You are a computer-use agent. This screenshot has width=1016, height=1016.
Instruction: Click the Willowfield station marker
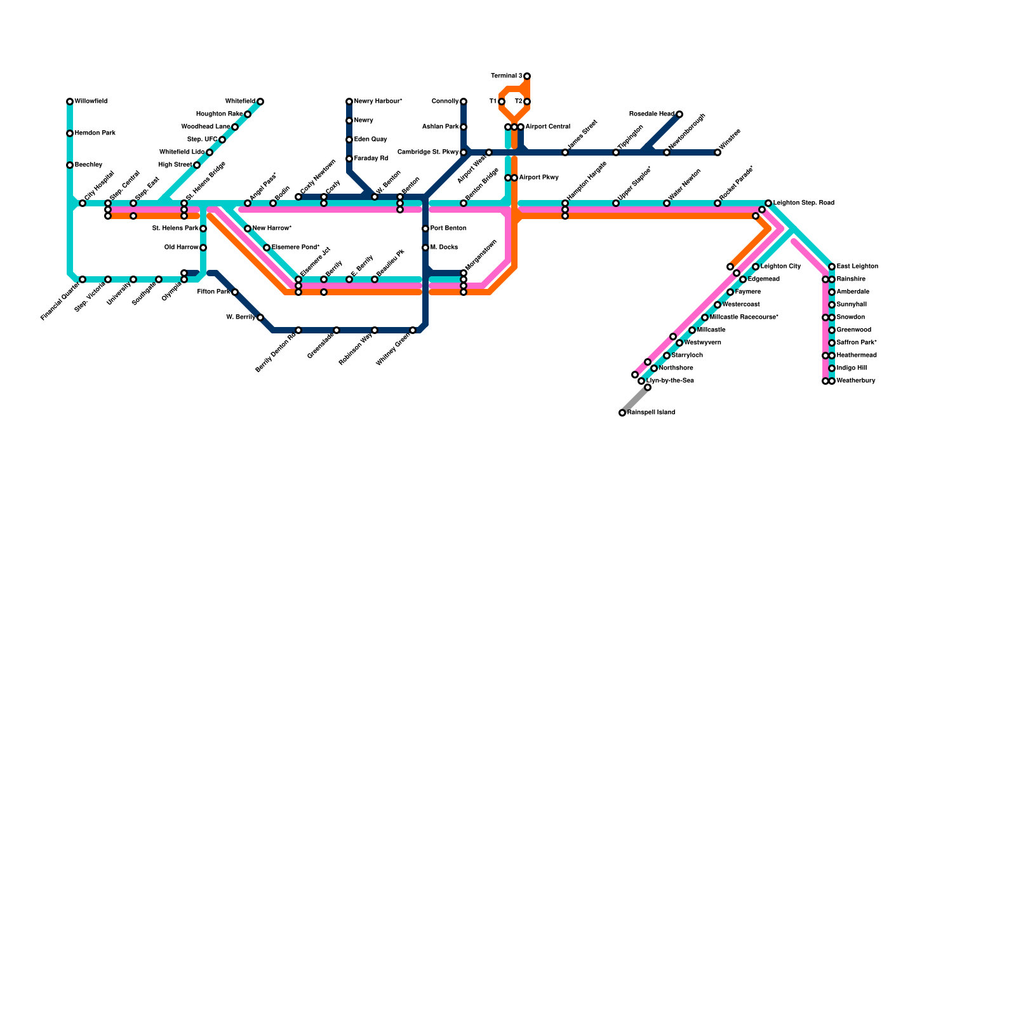coord(70,102)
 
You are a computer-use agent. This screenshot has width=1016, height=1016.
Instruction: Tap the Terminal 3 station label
coord(507,76)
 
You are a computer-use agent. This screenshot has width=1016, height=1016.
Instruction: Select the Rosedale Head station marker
coord(679,114)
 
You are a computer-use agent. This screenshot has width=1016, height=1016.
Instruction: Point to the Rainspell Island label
coord(651,413)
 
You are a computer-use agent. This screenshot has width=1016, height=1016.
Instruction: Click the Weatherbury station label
coord(856,381)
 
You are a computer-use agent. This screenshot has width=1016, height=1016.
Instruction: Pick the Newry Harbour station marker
coord(349,102)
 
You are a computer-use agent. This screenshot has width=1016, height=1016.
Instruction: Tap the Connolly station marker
coord(464,102)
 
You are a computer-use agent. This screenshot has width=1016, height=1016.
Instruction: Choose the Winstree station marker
coord(718,152)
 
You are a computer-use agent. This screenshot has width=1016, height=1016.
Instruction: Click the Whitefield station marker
coord(260,102)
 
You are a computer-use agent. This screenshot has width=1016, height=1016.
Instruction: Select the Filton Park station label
coord(213,292)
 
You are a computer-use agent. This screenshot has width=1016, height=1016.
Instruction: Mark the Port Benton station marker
coord(425,229)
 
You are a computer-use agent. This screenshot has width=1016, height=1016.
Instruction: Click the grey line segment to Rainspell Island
coord(635,400)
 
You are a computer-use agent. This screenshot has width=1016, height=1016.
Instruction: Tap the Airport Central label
coord(547,127)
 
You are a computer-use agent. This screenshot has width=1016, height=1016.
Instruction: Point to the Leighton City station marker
coord(756,267)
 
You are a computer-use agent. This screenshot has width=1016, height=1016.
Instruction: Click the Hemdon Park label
coord(95,133)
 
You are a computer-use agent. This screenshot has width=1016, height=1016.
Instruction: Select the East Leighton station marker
coord(832,267)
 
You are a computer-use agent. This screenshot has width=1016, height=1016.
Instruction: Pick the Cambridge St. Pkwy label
coord(428,152)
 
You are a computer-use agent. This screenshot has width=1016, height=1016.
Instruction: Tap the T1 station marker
coord(502,102)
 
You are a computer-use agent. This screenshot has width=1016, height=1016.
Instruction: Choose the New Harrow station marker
coord(248,229)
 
